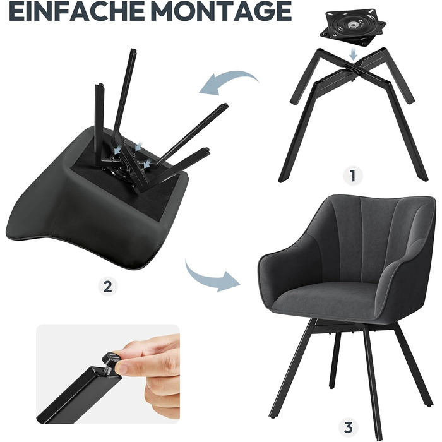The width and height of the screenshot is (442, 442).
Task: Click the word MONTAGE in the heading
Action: (x=223, y=11)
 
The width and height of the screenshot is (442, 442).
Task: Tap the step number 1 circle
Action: (x=353, y=176)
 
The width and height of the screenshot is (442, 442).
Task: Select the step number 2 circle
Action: (x=108, y=287)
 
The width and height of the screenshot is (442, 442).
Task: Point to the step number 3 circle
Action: (x=349, y=427)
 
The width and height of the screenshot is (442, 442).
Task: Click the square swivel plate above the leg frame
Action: (x=353, y=28)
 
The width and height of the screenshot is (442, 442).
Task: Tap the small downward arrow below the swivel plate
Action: (x=353, y=54)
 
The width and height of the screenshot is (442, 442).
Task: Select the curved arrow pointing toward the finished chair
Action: (x=208, y=278)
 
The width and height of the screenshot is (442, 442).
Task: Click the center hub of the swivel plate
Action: (x=352, y=25)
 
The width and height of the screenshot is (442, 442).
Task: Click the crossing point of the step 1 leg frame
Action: (x=353, y=68)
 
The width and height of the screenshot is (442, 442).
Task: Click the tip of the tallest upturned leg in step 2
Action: (x=133, y=51)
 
